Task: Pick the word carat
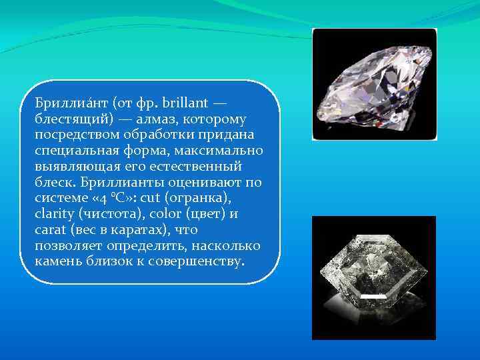click(49, 229)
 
